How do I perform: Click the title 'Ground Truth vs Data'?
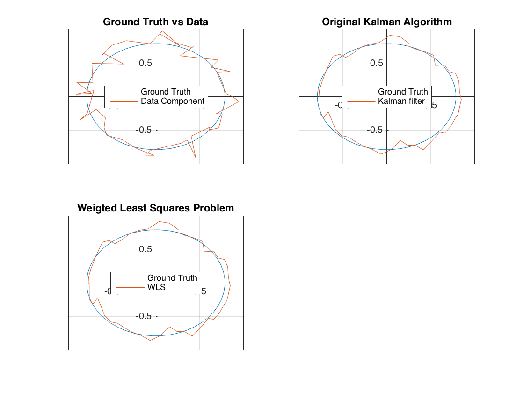click(x=155, y=22)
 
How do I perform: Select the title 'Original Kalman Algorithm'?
click(x=386, y=22)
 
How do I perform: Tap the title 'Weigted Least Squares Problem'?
click(x=155, y=208)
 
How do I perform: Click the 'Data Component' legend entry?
click(x=172, y=101)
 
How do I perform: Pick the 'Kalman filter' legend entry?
click(x=401, y=101)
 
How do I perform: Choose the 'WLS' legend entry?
click(x=156, y=287)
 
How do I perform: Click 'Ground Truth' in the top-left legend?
click(x=166, y=92)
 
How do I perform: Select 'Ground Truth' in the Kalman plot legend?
click(x=403, y=92)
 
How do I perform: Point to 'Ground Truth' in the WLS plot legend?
click(x=172, y=278)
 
